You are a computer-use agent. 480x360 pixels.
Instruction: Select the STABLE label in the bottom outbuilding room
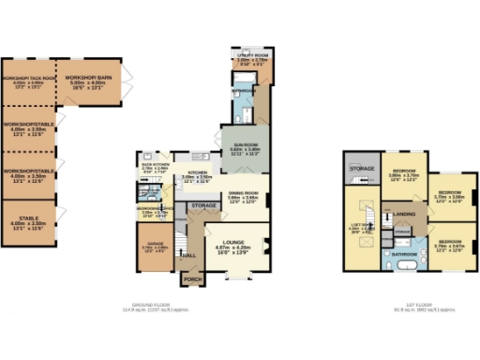coord(27,218)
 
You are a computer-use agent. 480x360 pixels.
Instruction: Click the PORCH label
coord(192,278)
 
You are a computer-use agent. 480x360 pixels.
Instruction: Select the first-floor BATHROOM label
coord(404,253)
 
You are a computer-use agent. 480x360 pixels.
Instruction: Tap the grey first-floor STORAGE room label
coord(363,169)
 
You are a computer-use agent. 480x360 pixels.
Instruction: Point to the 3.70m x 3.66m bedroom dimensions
coord(451,198)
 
